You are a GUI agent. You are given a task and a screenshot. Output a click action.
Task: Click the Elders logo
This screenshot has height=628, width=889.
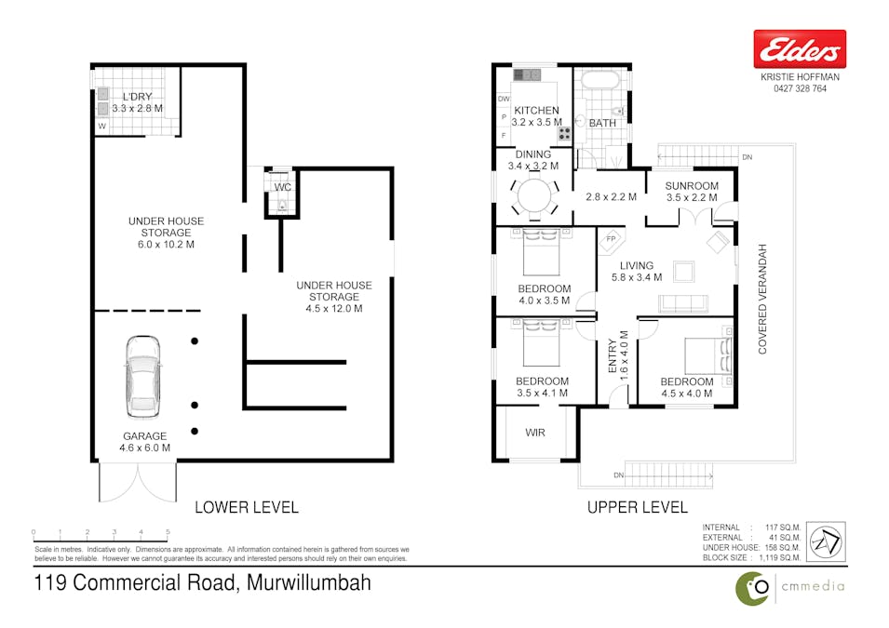800,48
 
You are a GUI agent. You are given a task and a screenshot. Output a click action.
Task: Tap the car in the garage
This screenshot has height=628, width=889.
142,377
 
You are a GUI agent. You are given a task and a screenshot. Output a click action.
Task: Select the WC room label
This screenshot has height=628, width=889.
282,187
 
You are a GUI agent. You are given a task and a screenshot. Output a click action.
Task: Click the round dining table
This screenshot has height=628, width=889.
534,197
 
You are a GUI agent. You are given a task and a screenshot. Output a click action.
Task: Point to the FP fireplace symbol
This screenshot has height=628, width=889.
612,239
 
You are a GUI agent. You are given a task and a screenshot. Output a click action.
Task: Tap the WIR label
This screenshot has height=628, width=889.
535,433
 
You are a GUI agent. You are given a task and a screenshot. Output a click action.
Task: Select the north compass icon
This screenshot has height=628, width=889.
826,541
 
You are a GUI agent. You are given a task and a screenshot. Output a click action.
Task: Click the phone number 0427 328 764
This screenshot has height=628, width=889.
800,88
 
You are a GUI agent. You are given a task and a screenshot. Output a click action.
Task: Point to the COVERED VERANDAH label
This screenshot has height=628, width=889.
762,300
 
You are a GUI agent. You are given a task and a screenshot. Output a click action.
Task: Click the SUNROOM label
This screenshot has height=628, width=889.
692,185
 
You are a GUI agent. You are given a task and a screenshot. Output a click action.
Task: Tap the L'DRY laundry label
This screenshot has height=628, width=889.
137,97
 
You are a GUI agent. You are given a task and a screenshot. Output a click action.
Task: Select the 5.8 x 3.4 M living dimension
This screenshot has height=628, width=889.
637,277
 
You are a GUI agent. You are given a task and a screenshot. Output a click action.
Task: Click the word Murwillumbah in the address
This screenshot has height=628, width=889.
309,582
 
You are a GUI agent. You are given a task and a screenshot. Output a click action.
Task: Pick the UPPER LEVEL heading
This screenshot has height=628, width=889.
638,507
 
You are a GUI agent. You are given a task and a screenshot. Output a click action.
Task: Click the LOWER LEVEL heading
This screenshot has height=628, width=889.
247,507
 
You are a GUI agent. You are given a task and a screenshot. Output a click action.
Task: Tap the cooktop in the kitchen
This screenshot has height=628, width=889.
565,133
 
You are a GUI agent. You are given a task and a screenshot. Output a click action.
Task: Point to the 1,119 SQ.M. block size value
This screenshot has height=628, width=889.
779,557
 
